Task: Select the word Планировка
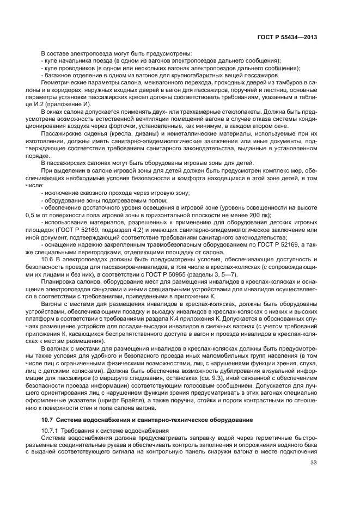coord(57,282)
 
